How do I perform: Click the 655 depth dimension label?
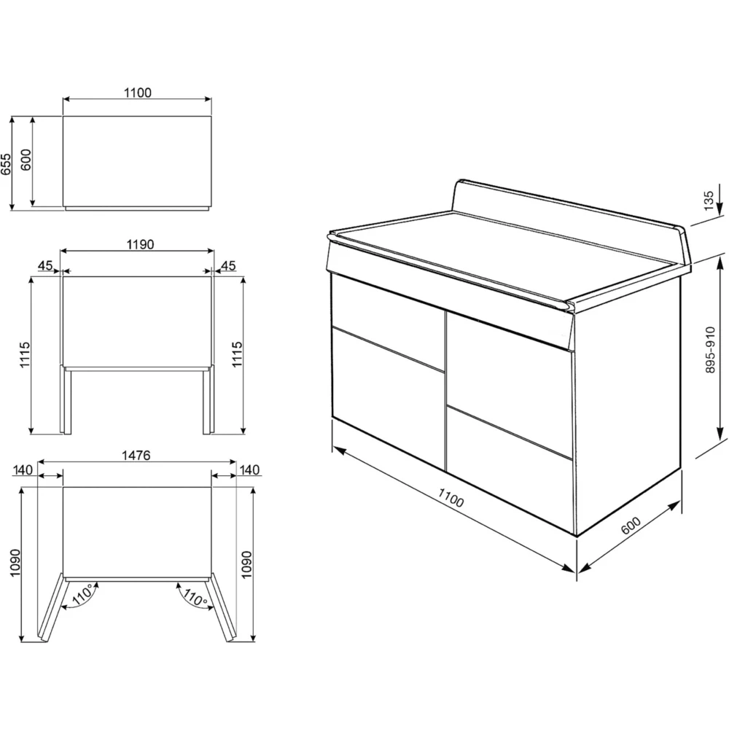click(7, 164)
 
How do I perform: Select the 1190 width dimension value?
click(140, 244)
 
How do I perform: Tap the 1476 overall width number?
click(136, 455)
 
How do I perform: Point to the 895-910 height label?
click(710, 350)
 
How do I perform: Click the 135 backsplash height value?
click(708, 201)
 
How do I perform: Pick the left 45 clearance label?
click(45, 265)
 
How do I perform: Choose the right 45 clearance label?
click(227, 265)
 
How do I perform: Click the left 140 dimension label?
click(23, 470)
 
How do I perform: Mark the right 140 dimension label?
click(249, 470)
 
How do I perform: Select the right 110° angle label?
click(195, 597)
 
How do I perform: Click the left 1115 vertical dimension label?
click(24, 355)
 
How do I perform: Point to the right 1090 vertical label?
click(246, 564)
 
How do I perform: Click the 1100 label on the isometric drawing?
click(451, 498)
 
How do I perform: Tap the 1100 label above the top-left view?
click(138, 93)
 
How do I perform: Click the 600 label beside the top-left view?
click(26, 160)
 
